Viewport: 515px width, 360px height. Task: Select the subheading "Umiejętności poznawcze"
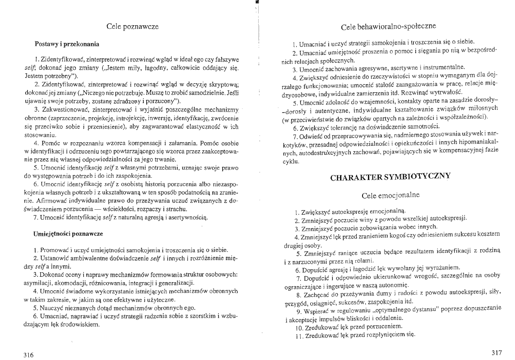(68, 234)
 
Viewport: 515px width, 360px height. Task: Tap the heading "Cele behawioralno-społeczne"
(388, 27)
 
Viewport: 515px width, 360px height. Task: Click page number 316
(29, 354)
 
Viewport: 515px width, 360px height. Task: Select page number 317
(496, 351)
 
